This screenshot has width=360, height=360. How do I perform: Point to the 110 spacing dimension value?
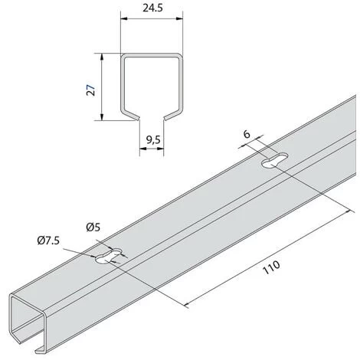click(x=270, y=267)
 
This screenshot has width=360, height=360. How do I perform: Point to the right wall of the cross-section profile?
click(x=182, y=86)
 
